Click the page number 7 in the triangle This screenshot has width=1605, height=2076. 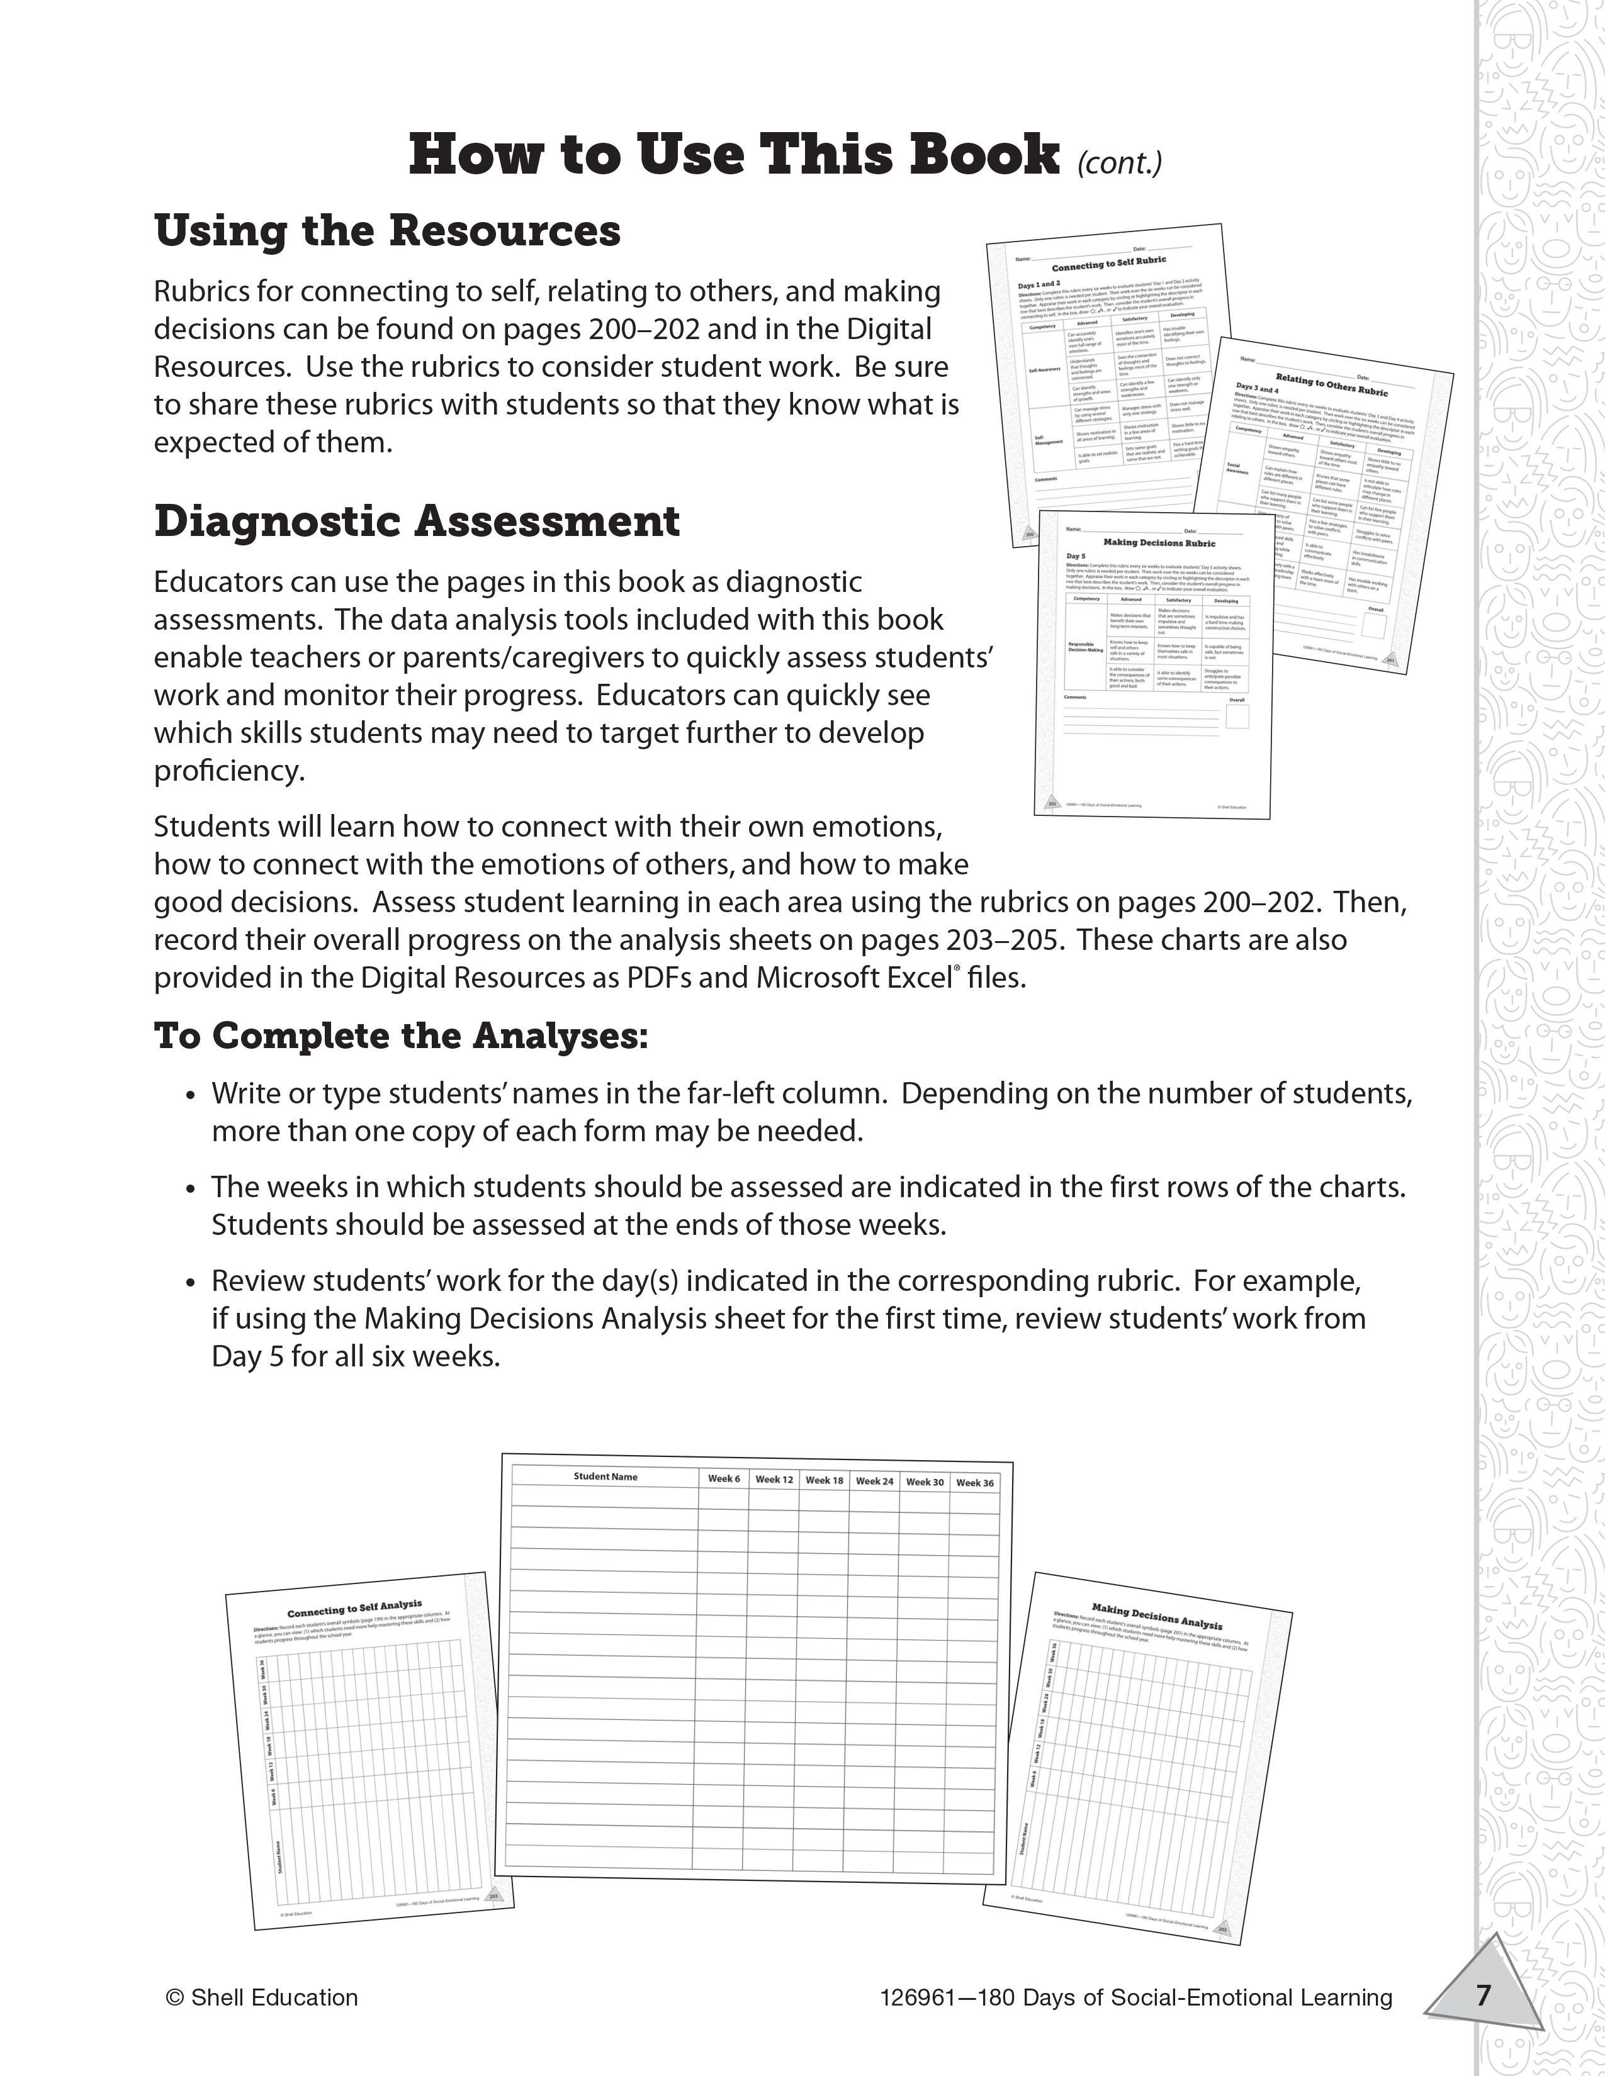(x=1484, y=1994)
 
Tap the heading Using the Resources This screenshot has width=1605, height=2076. (x=387, y=231)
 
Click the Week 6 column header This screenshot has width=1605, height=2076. (x=724, y=1478)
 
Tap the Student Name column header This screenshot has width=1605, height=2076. (x=605, y=1476)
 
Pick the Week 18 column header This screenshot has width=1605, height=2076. (x=825, y=1480)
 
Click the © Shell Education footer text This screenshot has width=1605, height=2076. (x=261, y=1997)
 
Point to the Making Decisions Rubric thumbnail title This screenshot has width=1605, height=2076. (x=1159, y=543)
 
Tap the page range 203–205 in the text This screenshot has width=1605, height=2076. (x=1002, y=939)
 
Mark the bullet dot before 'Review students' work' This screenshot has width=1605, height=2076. (x=191, y=1283)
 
